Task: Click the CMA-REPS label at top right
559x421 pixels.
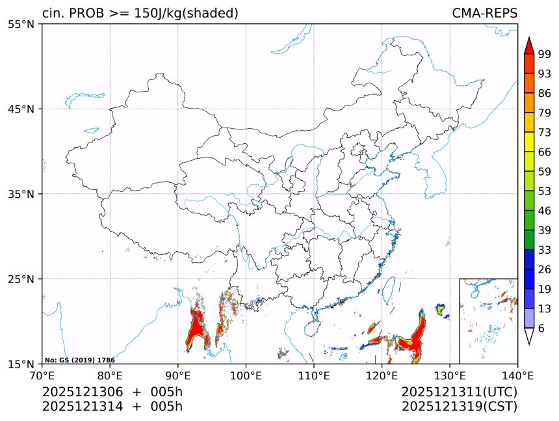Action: (484, 13)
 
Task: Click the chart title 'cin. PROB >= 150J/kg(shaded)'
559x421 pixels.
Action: (140, 13)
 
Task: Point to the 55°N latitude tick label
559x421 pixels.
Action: (21, 24)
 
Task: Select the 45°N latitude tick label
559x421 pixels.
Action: (21, 109)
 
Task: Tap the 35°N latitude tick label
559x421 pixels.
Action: (21, 194)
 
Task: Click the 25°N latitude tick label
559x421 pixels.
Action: (21, 279)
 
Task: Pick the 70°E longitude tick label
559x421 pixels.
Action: (42, 375)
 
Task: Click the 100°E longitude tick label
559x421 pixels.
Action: (246, 375)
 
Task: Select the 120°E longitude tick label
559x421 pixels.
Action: (382, 375)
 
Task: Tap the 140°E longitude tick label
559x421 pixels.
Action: (517, 375)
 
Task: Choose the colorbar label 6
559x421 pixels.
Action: (541, 328)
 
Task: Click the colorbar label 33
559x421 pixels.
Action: (545, 250)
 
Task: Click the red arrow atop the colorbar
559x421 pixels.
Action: (529, 46)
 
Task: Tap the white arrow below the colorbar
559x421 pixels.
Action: (529, 336)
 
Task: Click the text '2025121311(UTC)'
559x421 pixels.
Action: (459, 392)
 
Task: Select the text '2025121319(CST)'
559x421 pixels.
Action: (459, 407)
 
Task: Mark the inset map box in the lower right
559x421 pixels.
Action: (488, 321)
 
